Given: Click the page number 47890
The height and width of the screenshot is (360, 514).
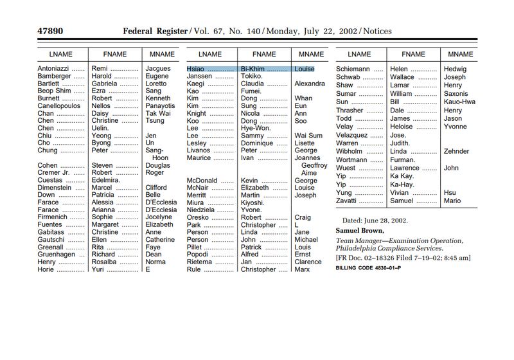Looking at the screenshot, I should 49,31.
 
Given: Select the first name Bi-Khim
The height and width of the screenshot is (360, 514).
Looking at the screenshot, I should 252,68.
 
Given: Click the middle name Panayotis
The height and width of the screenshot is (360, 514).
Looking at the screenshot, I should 160,106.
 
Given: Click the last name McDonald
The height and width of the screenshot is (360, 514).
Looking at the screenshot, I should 202,181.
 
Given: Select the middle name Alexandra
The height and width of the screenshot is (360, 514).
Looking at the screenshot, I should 310,84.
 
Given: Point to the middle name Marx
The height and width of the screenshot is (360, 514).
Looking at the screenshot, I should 302,269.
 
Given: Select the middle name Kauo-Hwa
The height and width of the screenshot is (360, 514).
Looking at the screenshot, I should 459,102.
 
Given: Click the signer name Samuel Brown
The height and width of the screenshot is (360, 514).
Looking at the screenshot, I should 359,231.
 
